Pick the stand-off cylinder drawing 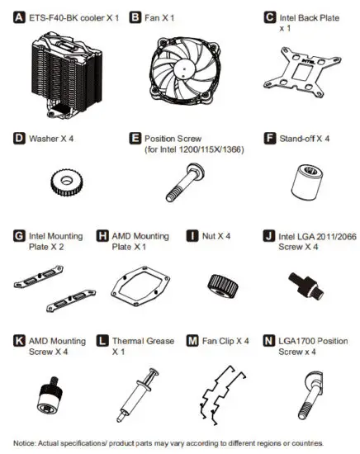pos(302,177)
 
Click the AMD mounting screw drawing pos(53,388)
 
